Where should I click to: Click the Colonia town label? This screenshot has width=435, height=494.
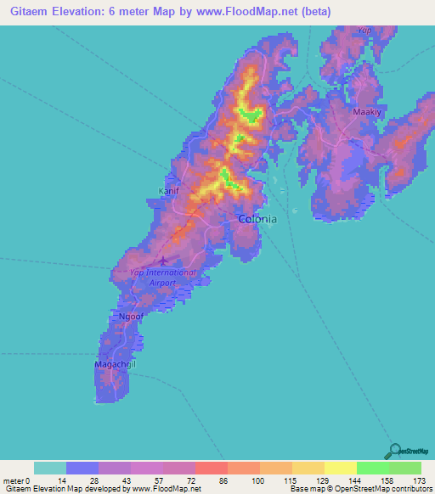[257, 218]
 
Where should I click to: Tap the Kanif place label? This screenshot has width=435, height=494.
[169, 191]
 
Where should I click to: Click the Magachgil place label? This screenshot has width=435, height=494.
[116, 364]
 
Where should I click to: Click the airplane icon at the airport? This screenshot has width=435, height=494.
[163, 261]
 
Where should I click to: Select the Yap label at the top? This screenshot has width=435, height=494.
[364, 31]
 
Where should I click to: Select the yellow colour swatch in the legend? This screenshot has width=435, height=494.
[341, 468]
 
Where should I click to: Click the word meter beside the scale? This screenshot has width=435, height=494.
[14, 481]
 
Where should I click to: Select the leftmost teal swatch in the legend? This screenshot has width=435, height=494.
[49, 468]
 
